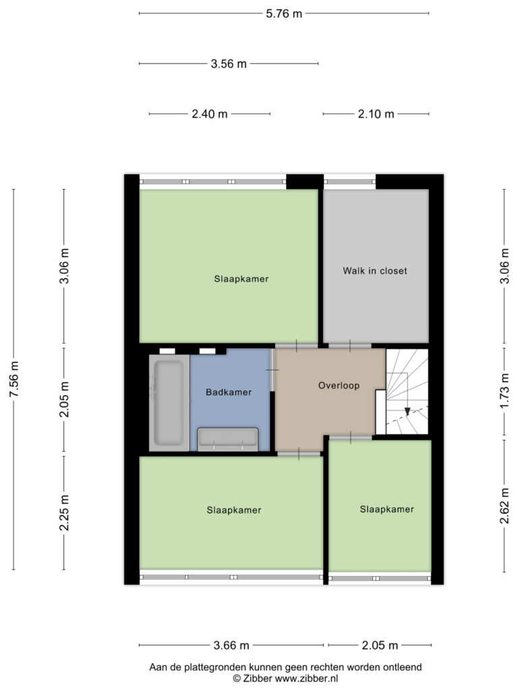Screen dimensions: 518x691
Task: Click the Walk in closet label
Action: pyautogui.click(x=375, y=271)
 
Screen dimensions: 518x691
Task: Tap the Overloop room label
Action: pyautogui.click(x=339, y=385)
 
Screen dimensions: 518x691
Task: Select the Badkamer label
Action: pyautogui.click(x=229, y=392)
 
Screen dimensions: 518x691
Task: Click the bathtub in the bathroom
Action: pyautogui.click(x=169, y=403)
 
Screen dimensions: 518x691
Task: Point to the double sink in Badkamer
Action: pyautogui.click(x=228, y=439)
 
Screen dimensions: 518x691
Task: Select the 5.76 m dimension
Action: pyautogui.click(x=284, y=13)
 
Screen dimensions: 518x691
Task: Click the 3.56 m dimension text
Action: pyautogui.click(x=229, y=64)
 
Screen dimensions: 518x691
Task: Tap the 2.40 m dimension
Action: pyautogui.click(x=210, y=114)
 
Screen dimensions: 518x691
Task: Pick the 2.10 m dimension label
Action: pyautogui.click(x=376, y=114)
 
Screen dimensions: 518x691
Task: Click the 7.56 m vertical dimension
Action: pyautogui.click(x=14, y=379)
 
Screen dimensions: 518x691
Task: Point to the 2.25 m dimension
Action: pyautogui.click(x=64, y=513)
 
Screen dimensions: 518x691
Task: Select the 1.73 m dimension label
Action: pyautogui.click(x=505, y=391)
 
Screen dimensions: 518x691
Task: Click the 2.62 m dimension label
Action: pyautogui.click(x=505, y=506)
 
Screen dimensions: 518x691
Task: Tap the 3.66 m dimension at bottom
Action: pyautogui.click(x=231, y=646)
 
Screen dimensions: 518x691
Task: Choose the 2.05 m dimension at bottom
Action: pyautogui.click(x=380, y=646)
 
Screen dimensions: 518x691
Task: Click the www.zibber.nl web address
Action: pyautogui.click(x=307, y=678)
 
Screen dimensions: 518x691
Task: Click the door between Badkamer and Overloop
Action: pyautogui.click(x=272, y=370)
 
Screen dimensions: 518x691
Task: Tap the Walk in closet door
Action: pyautogui.click(x=350, y=346)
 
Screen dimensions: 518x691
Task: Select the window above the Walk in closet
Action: pyautogui.click(x=350, y=182)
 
